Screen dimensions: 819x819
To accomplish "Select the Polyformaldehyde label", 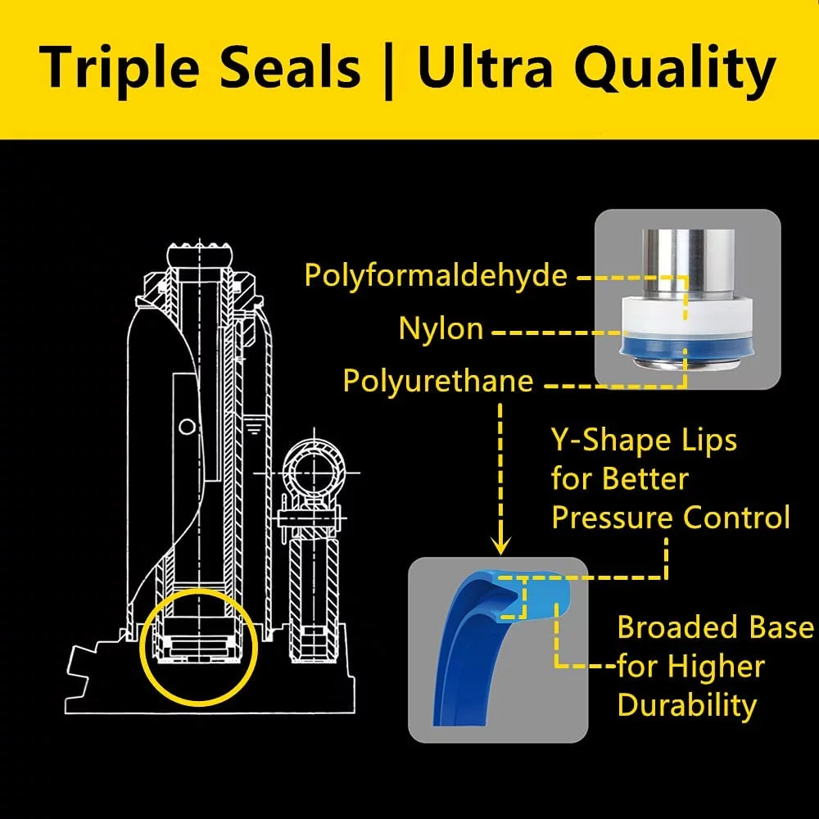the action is coord(436,275).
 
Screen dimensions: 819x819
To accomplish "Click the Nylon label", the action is coord(441,329).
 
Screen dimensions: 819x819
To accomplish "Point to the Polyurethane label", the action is coord(437,381).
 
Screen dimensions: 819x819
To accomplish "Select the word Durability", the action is coord(687,705).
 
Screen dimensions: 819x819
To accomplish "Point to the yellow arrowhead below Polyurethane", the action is coord(501,546).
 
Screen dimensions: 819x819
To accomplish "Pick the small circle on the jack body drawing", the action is coord(187,427).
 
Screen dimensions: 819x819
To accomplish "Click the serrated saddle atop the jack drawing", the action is coord(199,254).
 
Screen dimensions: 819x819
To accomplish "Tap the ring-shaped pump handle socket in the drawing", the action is coord(314,473).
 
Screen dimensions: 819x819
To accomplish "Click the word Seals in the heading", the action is coord(290,69).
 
